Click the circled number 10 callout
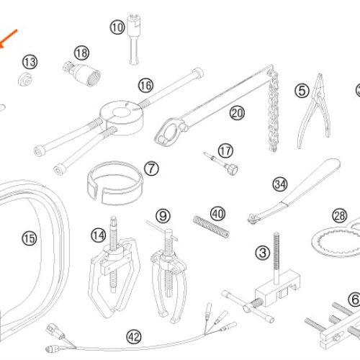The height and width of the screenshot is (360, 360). (x=117, y=27)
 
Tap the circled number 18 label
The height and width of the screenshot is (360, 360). (x=81, y=53)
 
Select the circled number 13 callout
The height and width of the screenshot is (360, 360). (x=30, y=62)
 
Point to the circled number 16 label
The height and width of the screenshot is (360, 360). (x=145, y=86)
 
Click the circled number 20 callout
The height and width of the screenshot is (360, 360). (x=237, y=113)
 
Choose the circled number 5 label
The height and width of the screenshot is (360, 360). (x=302, y=91)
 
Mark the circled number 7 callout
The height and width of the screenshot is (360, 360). (x=151, y=168)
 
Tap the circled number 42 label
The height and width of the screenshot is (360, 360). (x=134, y=337)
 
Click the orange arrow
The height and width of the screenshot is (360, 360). (x=8, y=39)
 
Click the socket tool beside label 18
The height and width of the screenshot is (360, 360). (x=81, y=73)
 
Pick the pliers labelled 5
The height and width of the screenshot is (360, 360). (x=315, y=111)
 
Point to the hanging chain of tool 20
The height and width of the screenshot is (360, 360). (x=274, y=110)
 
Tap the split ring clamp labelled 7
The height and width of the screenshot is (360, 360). (x=114, y=183)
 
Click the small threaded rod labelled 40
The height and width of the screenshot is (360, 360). (x=211, y=227)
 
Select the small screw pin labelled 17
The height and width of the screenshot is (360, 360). (x=221, y=163)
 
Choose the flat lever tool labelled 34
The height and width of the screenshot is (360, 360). (x=294, y=192)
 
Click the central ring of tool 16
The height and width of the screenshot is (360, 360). (x=122, y=117)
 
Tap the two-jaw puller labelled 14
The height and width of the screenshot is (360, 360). (x=114, y=267)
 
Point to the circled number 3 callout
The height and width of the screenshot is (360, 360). (x=263, y=253)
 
